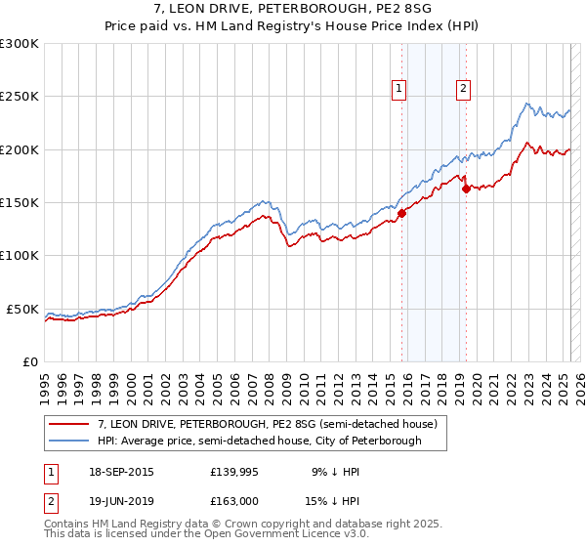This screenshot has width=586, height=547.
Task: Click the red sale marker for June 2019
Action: [466, 189]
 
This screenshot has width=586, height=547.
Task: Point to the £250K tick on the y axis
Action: [20, 97]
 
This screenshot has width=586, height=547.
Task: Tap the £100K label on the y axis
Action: [20, 256]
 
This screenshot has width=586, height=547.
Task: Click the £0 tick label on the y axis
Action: [28, 361]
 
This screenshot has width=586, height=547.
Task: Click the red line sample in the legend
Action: [68, 425]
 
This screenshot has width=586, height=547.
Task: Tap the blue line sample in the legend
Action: [68, 441]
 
